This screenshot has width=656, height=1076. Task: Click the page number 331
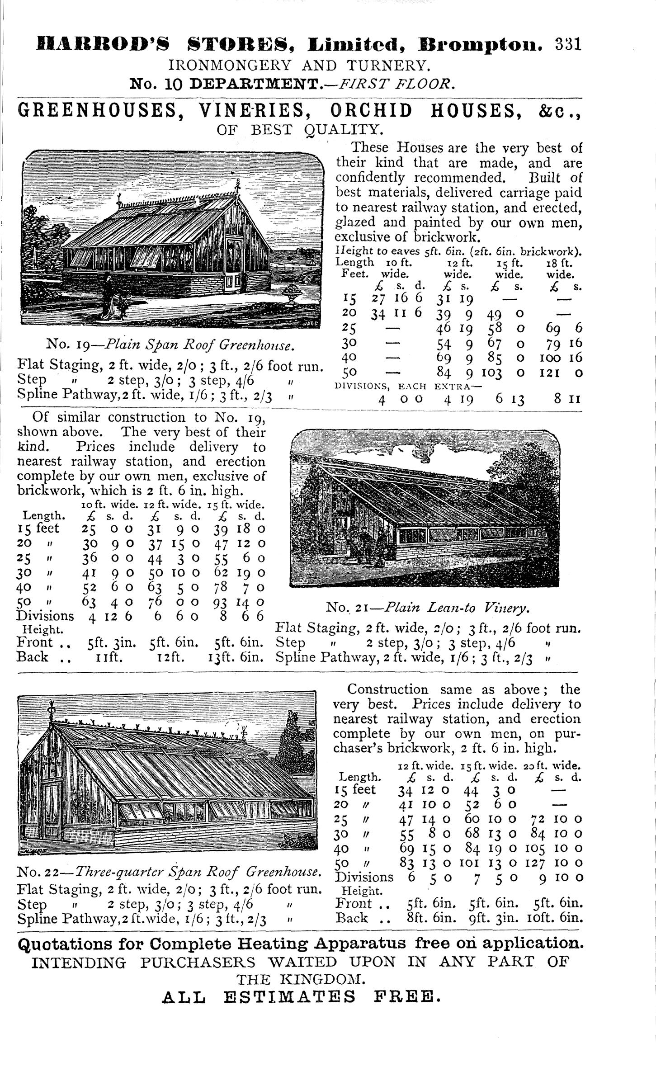(568, 45)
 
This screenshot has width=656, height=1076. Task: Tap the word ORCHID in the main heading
(371, 111)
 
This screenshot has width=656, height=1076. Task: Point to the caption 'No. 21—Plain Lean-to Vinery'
(427, 607)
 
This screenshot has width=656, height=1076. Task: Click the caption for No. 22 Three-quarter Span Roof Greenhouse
(169, 871)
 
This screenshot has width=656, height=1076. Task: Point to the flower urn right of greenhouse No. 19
(291, 297)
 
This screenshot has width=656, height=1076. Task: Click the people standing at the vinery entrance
(368, 546)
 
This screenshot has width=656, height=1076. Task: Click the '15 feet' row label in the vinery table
(38, 529)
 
